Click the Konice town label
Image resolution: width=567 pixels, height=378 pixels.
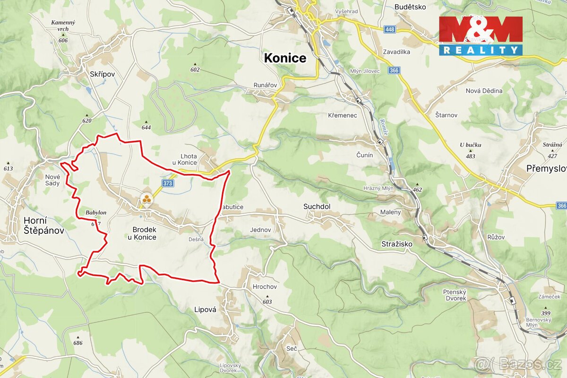285,58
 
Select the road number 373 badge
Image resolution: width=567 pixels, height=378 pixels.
167,183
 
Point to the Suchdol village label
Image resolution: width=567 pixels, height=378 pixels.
317,206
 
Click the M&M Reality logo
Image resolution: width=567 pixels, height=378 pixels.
481,36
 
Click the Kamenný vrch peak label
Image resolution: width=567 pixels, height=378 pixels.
63,26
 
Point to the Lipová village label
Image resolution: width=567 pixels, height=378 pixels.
205,310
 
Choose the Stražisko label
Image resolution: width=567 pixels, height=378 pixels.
397,244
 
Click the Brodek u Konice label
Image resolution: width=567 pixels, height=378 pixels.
142,233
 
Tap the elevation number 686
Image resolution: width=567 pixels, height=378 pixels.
78,343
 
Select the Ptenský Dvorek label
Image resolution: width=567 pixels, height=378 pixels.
455,295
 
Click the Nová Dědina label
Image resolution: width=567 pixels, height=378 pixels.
484,91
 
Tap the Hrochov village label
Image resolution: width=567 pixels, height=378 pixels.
265,287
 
